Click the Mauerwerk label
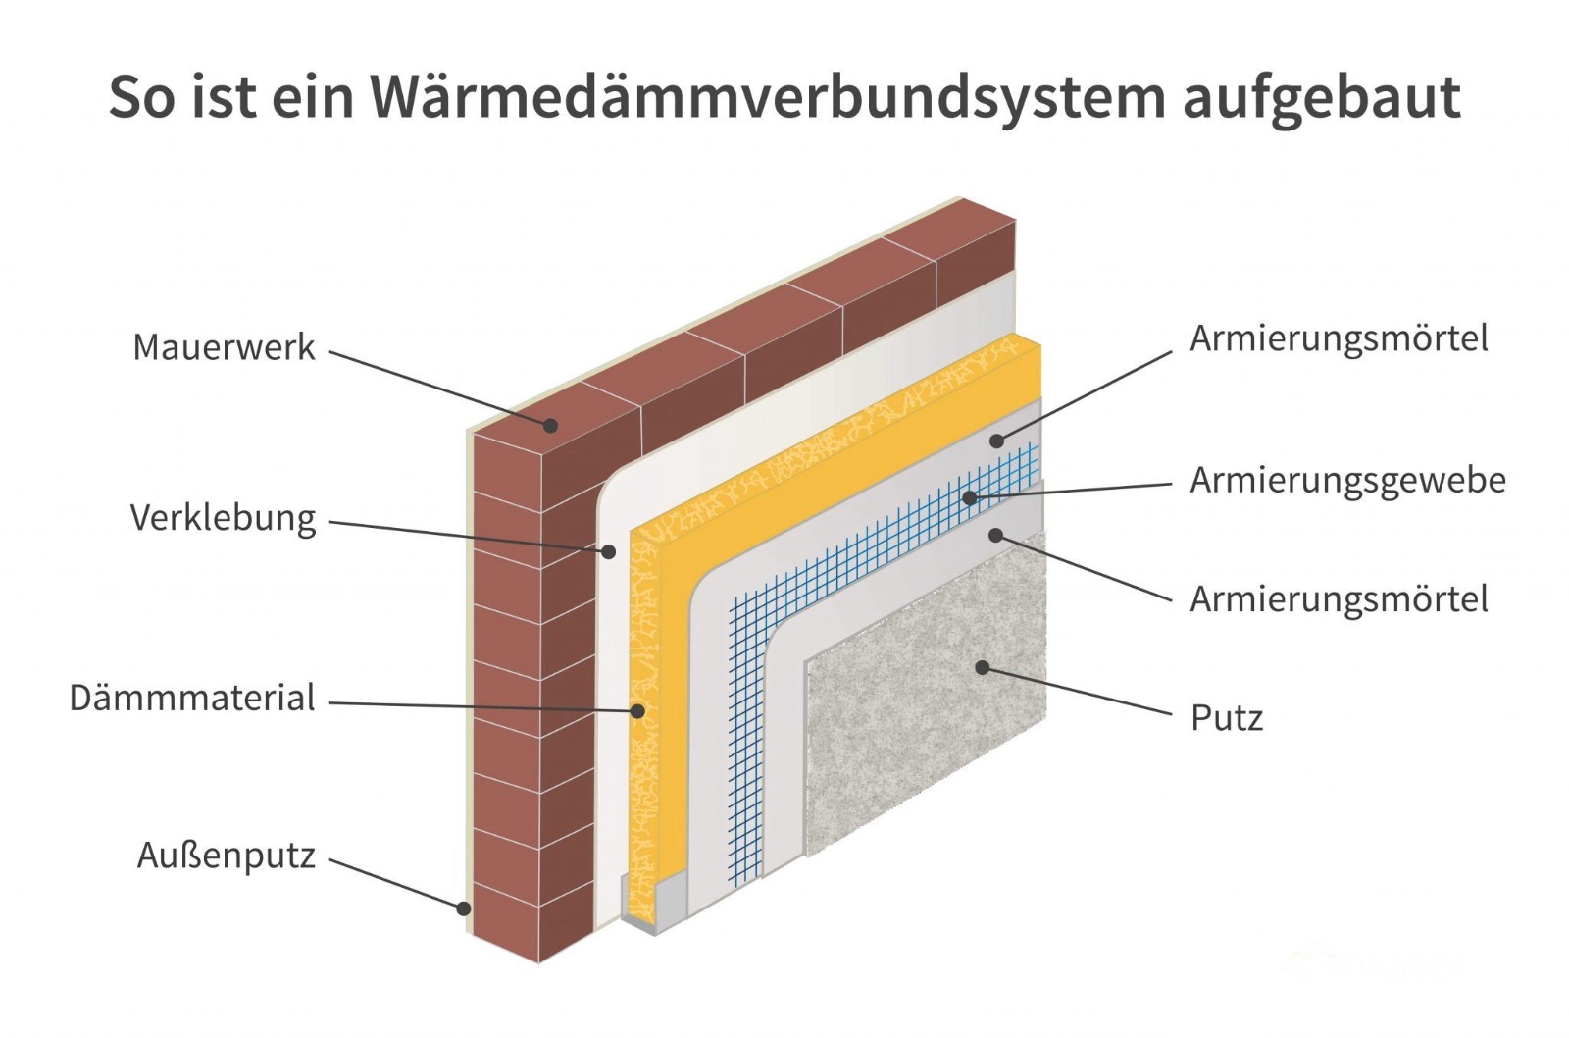click(224, 347)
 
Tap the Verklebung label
click(223, 517)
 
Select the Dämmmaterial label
click(192, 699)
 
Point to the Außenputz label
click(226, 856)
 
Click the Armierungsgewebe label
click(1347, 481)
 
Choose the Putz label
click(1226, 718)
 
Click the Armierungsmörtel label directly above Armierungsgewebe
click(1339, 338)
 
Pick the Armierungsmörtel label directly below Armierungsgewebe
click(1339, 598)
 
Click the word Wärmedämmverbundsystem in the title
click(768, 96)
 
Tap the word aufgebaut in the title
click(1321, 96)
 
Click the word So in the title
click(142, 96)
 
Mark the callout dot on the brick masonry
click(551, 425)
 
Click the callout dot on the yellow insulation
click(637, 710)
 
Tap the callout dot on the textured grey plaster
click(981, 667)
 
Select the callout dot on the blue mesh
click(969, 497)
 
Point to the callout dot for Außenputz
click(464, 908)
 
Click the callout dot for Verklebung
click(608, 552)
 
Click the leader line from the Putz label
click(1079, 692)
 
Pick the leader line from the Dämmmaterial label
click(481, 705)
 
